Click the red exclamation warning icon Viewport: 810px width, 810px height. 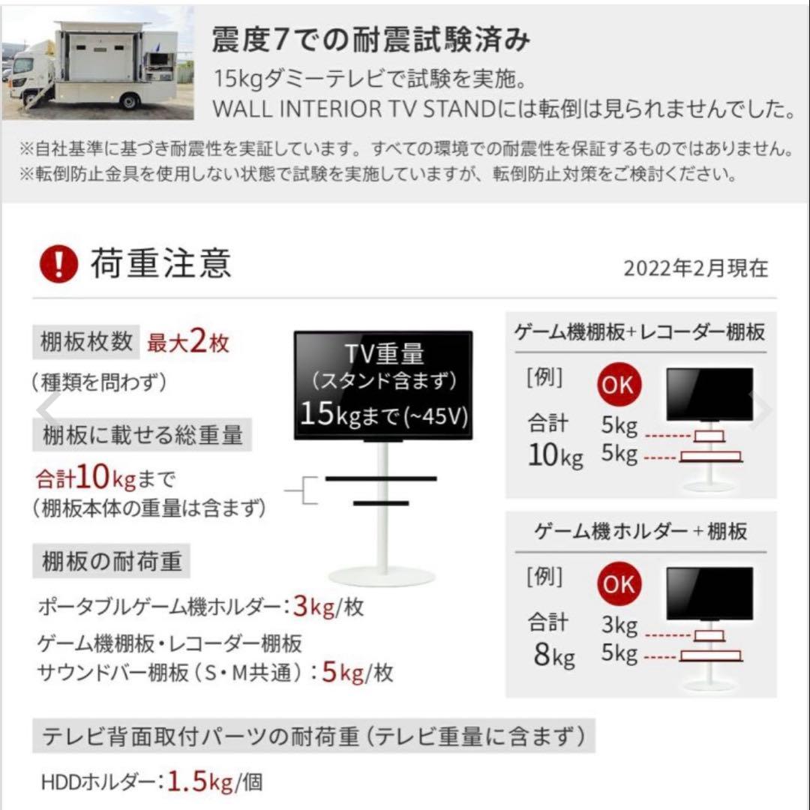tap(59, 264)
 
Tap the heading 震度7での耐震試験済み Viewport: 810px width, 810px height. tap(371, 40)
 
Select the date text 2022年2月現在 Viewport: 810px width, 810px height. tap(695, 268)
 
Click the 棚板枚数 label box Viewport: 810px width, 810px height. tap(84, 343)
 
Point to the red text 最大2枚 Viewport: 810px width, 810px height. tap(188, 343)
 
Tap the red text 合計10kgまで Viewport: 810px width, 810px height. tap(105, 478)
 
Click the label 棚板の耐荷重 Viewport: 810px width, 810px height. tap(111, 561)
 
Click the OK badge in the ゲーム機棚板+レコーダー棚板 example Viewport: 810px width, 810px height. tap(619, 385)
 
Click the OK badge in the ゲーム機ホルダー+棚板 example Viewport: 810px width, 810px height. tap(619, 584)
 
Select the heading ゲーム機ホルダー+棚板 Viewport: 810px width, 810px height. tap(640, 532)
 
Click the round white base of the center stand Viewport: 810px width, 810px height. tap(382, 577)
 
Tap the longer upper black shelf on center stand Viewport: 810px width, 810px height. tap(381, 478)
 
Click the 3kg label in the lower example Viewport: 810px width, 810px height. tap(619, 625)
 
